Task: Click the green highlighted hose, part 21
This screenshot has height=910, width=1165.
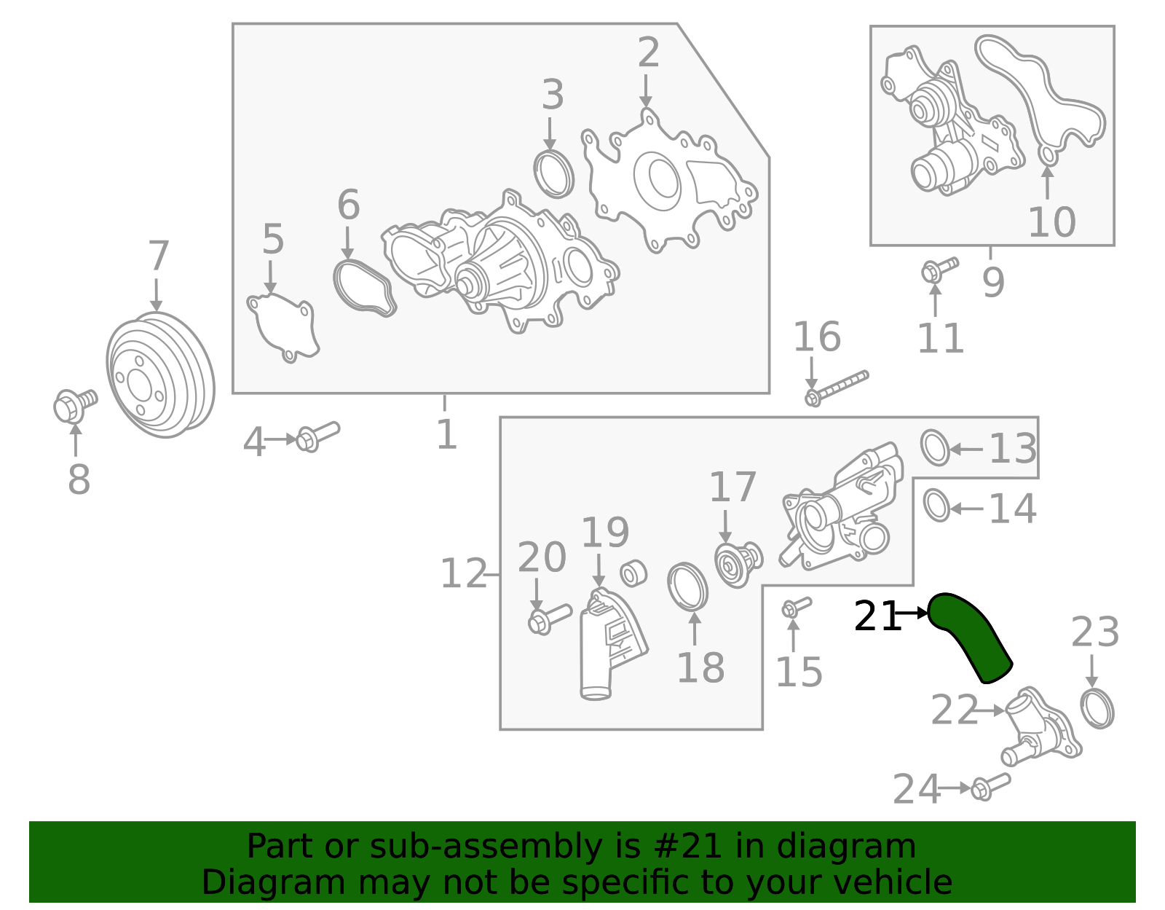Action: click(x=969, y=634)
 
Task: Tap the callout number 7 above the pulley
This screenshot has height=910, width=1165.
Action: click(x=158, y=257)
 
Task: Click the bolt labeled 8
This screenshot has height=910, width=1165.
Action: click(x=73, y=404)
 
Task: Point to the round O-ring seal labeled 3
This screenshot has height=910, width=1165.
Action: click(x=554, y=175)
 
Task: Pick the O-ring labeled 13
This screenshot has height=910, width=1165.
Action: click(x=935, y=447)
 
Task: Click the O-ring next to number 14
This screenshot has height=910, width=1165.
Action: click(x=936, y=506)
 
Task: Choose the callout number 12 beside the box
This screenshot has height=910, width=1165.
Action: click(x=463, y=574)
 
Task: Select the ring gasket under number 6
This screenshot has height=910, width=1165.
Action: click(x=364, y=288)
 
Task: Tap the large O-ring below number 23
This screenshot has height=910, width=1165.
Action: click(x=1097, y=709)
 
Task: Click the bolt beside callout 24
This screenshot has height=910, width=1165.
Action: click(x=990, y=786)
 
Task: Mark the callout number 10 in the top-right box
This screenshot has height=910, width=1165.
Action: click(x=1051, y=223)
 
